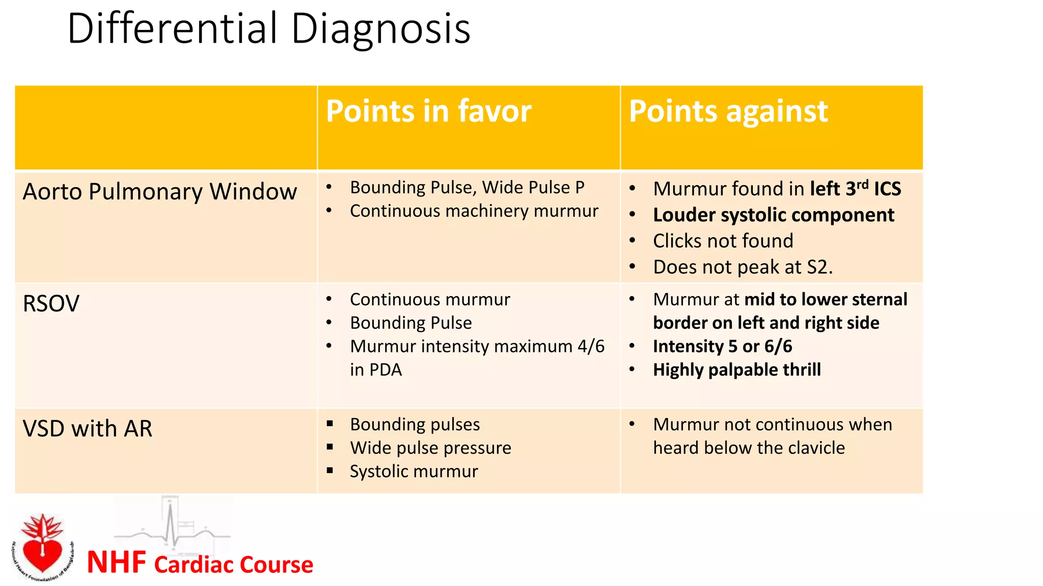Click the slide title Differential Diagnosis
[x=268, y=28]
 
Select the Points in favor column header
[x=428, y=111]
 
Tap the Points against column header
[x=728, y=111]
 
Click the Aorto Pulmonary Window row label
[x=159, y=192]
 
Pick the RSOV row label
[x=51, y=304]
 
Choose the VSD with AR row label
[x=88, y=429]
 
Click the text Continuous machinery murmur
[x=474, y=211]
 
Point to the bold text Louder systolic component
[x=773, y=215]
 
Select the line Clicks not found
[x=723, y=241]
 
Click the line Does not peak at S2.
[x=743, y=267]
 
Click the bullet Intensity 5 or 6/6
[x=722, y=346]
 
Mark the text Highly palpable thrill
[x=736, y=370]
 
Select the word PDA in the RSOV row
[x=386, y=370]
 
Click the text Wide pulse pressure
[x=430, y=448]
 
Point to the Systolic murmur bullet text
[x=414, y=472]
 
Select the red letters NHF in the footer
[x=117, y=563]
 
